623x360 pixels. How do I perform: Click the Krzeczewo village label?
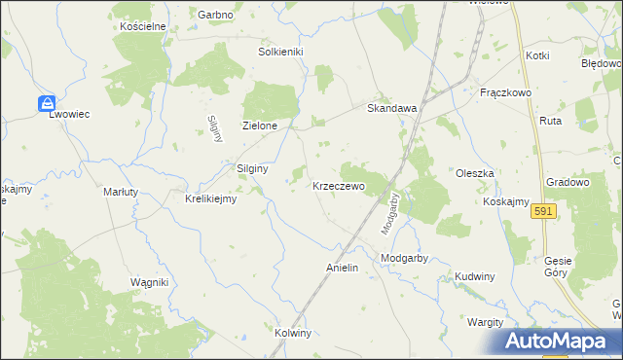click(338, 185)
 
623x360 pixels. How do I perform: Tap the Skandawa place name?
click(391, 109)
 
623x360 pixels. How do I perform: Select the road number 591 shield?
click(544, 212)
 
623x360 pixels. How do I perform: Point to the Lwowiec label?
click(70, 114)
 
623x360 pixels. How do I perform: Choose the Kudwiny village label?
click(475, 276)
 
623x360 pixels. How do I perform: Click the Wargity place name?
click(484, 322)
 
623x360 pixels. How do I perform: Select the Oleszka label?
click(476, 173)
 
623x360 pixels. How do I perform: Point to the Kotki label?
click(538, 56)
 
